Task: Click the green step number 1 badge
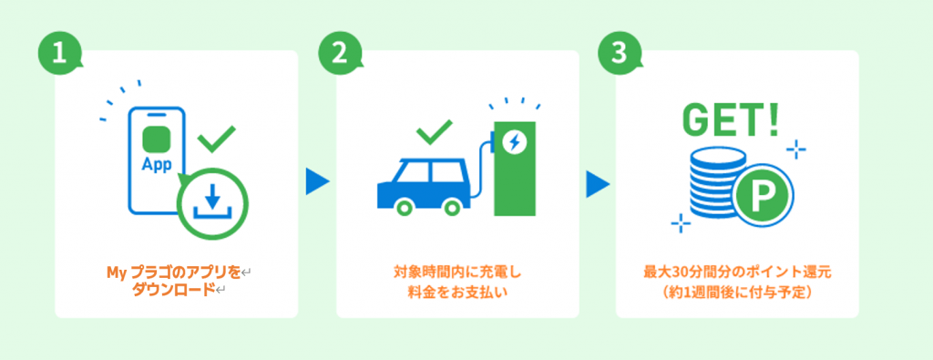pos(58,53)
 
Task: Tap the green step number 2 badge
pos(339,53)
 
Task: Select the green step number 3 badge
pos(619,53)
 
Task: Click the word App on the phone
pos(157,164)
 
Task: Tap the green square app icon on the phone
pos(157,139)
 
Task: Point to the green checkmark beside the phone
pos(216,138)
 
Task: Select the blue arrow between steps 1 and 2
pos(317,181)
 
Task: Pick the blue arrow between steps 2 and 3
pos(598,184)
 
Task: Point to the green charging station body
pos(515,169)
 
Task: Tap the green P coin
pos(764,193)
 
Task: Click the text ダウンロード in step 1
pos(173,290)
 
